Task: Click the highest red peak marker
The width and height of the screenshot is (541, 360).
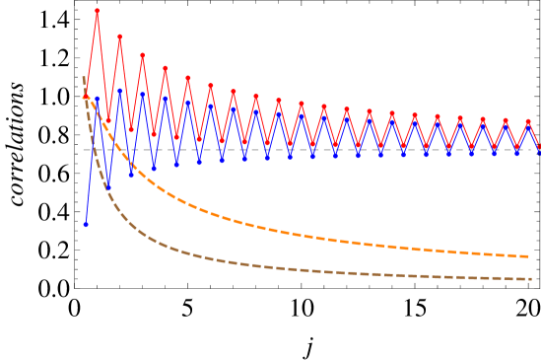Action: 97,11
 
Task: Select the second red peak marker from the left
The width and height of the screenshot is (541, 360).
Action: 119,36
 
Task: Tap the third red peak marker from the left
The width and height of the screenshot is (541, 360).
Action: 142,55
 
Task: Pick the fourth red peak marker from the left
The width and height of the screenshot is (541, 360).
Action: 165,68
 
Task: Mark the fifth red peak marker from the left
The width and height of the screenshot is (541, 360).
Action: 187,78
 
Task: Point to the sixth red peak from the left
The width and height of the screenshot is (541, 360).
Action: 210,86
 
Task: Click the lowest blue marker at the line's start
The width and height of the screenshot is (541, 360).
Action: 85,225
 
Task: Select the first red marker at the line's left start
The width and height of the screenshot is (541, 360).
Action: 85,97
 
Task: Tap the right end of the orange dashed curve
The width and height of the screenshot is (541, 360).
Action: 531,256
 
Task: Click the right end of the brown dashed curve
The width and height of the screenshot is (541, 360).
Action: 531,279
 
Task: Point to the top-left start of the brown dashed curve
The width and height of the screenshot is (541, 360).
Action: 83,77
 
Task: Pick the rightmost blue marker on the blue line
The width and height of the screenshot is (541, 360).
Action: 540,153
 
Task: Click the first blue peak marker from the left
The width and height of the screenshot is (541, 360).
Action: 97,99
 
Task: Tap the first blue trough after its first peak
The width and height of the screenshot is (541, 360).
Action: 108,186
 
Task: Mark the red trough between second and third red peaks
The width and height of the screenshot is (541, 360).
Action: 131,129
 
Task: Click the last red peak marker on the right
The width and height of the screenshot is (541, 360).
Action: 528,122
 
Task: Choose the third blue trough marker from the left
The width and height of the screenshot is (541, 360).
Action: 154,169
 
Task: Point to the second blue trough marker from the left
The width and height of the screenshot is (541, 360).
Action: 131,175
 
